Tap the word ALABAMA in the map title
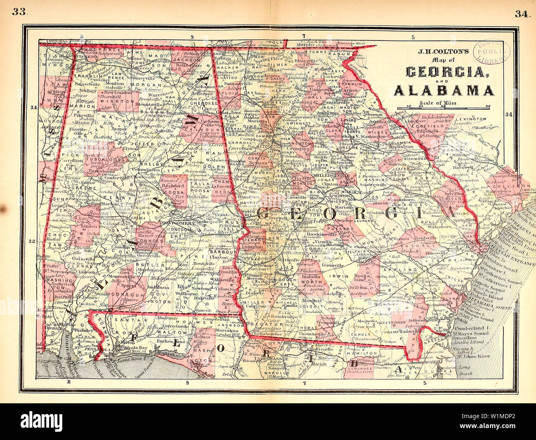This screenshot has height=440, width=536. [x=444, y=90]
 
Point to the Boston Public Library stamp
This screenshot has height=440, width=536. [x=490, y=52]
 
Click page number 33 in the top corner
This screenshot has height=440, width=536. [x=19, y=12]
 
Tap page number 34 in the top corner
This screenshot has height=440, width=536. [x=522, y=14]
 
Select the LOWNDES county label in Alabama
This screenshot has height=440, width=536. [x=151, y=240]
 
